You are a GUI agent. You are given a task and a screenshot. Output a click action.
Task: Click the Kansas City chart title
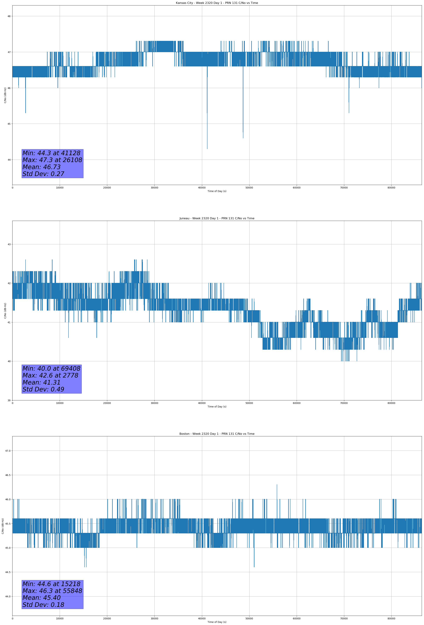coord(217,3)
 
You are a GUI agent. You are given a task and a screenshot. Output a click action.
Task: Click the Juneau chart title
coord(217,218)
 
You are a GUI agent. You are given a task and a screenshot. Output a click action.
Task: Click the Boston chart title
coord(217,434)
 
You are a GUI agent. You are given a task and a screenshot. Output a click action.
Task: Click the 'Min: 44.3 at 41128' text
coord(51,153)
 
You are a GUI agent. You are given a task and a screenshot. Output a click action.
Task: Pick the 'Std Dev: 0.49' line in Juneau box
coord(43,389)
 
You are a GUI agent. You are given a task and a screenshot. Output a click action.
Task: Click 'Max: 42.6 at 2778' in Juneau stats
coord(50,375)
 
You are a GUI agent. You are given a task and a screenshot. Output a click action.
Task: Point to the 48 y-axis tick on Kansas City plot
coord(9,16)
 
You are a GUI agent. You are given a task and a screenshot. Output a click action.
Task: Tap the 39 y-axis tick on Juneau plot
coord(9,400)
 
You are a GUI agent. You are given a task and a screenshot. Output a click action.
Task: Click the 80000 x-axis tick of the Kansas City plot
coord(391,188)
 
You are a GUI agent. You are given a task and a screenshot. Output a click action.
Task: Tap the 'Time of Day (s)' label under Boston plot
coord(217,622)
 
